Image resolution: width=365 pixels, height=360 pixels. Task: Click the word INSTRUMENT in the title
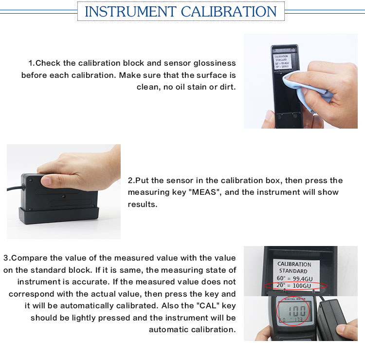130,11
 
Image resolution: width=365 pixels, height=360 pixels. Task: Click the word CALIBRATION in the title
229,11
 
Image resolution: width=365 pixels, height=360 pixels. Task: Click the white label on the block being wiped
282,61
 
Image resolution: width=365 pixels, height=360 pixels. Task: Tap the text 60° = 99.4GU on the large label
294,279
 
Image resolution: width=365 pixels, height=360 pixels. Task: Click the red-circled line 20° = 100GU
294,285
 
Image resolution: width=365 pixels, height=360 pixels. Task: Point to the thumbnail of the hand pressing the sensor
64,191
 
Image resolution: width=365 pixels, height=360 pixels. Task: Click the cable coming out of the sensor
15,188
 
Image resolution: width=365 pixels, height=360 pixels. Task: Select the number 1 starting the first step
31,63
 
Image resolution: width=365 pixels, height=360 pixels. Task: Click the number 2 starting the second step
130,181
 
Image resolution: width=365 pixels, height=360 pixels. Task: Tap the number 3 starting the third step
6,258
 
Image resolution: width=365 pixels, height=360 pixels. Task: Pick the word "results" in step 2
143,204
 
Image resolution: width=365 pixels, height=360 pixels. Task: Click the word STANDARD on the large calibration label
293,271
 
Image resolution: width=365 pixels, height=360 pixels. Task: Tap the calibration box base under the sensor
59,216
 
